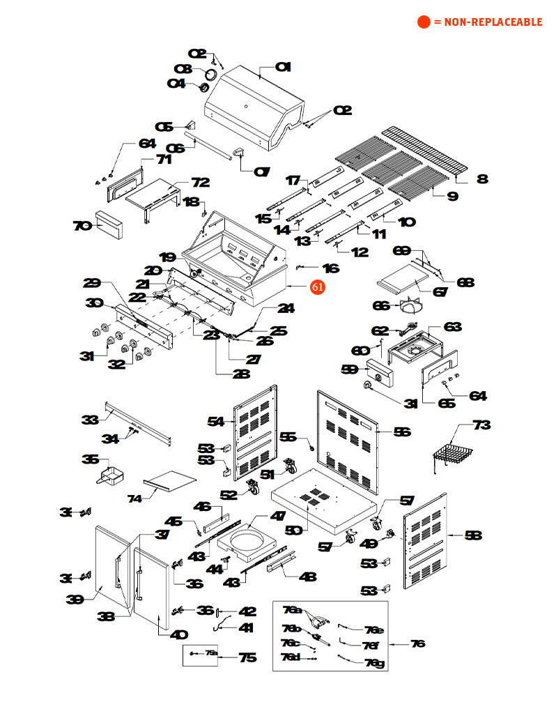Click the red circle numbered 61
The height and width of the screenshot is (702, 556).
pos(318,286)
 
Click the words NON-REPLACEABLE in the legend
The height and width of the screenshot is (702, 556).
pos(488,22)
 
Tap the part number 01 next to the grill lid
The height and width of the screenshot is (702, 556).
pos(283,67)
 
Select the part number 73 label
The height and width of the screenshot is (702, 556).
pos(481,425)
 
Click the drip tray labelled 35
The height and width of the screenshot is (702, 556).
pos(110,477)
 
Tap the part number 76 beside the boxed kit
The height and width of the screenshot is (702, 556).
pos(417,643)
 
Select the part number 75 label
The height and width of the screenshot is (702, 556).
pos(247,657)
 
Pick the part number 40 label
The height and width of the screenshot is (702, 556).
pos(179,634)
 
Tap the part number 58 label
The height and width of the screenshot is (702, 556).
pos(472,535)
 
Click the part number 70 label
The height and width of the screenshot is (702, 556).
pos(82,226)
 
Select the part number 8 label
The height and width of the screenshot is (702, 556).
pos(482,179)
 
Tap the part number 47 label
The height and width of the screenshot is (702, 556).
pos(278,517)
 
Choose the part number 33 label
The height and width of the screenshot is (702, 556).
pos(89,420)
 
